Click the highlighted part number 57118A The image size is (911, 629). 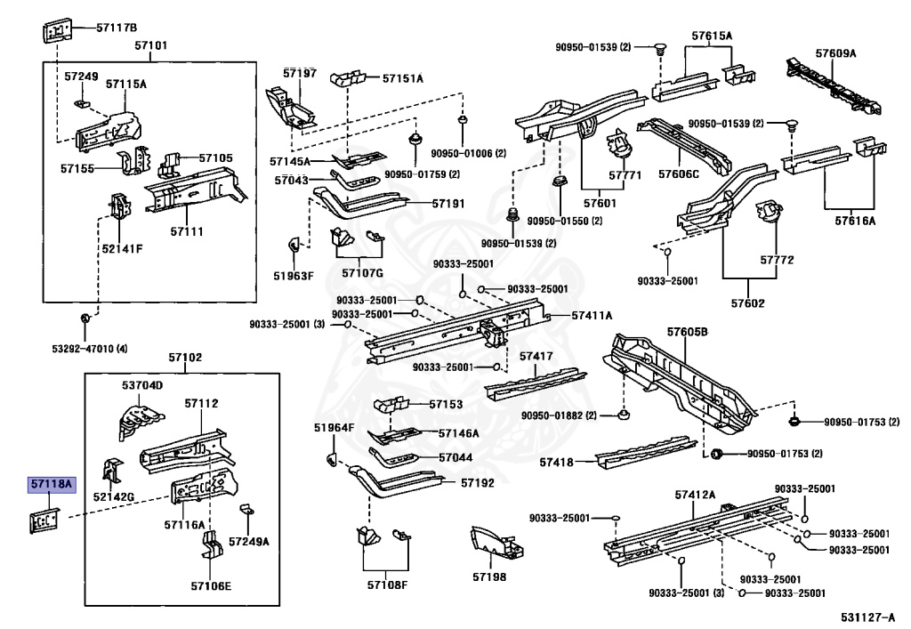(x=52, y=485)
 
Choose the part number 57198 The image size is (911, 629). (x=488, y=577)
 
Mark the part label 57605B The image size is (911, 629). (x=687, y=331)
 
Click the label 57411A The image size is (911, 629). (x=592, y=315)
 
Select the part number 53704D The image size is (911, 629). (x=142, y=385)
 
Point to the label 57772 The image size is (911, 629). (x=776, y=260)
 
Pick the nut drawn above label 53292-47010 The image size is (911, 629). (x=84, y=318)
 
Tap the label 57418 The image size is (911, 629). (x=558, y=462)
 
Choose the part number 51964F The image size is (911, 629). (x=334, y=428)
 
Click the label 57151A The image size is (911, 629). (x=403, y=78)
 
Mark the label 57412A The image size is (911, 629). (x=694, y=494)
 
